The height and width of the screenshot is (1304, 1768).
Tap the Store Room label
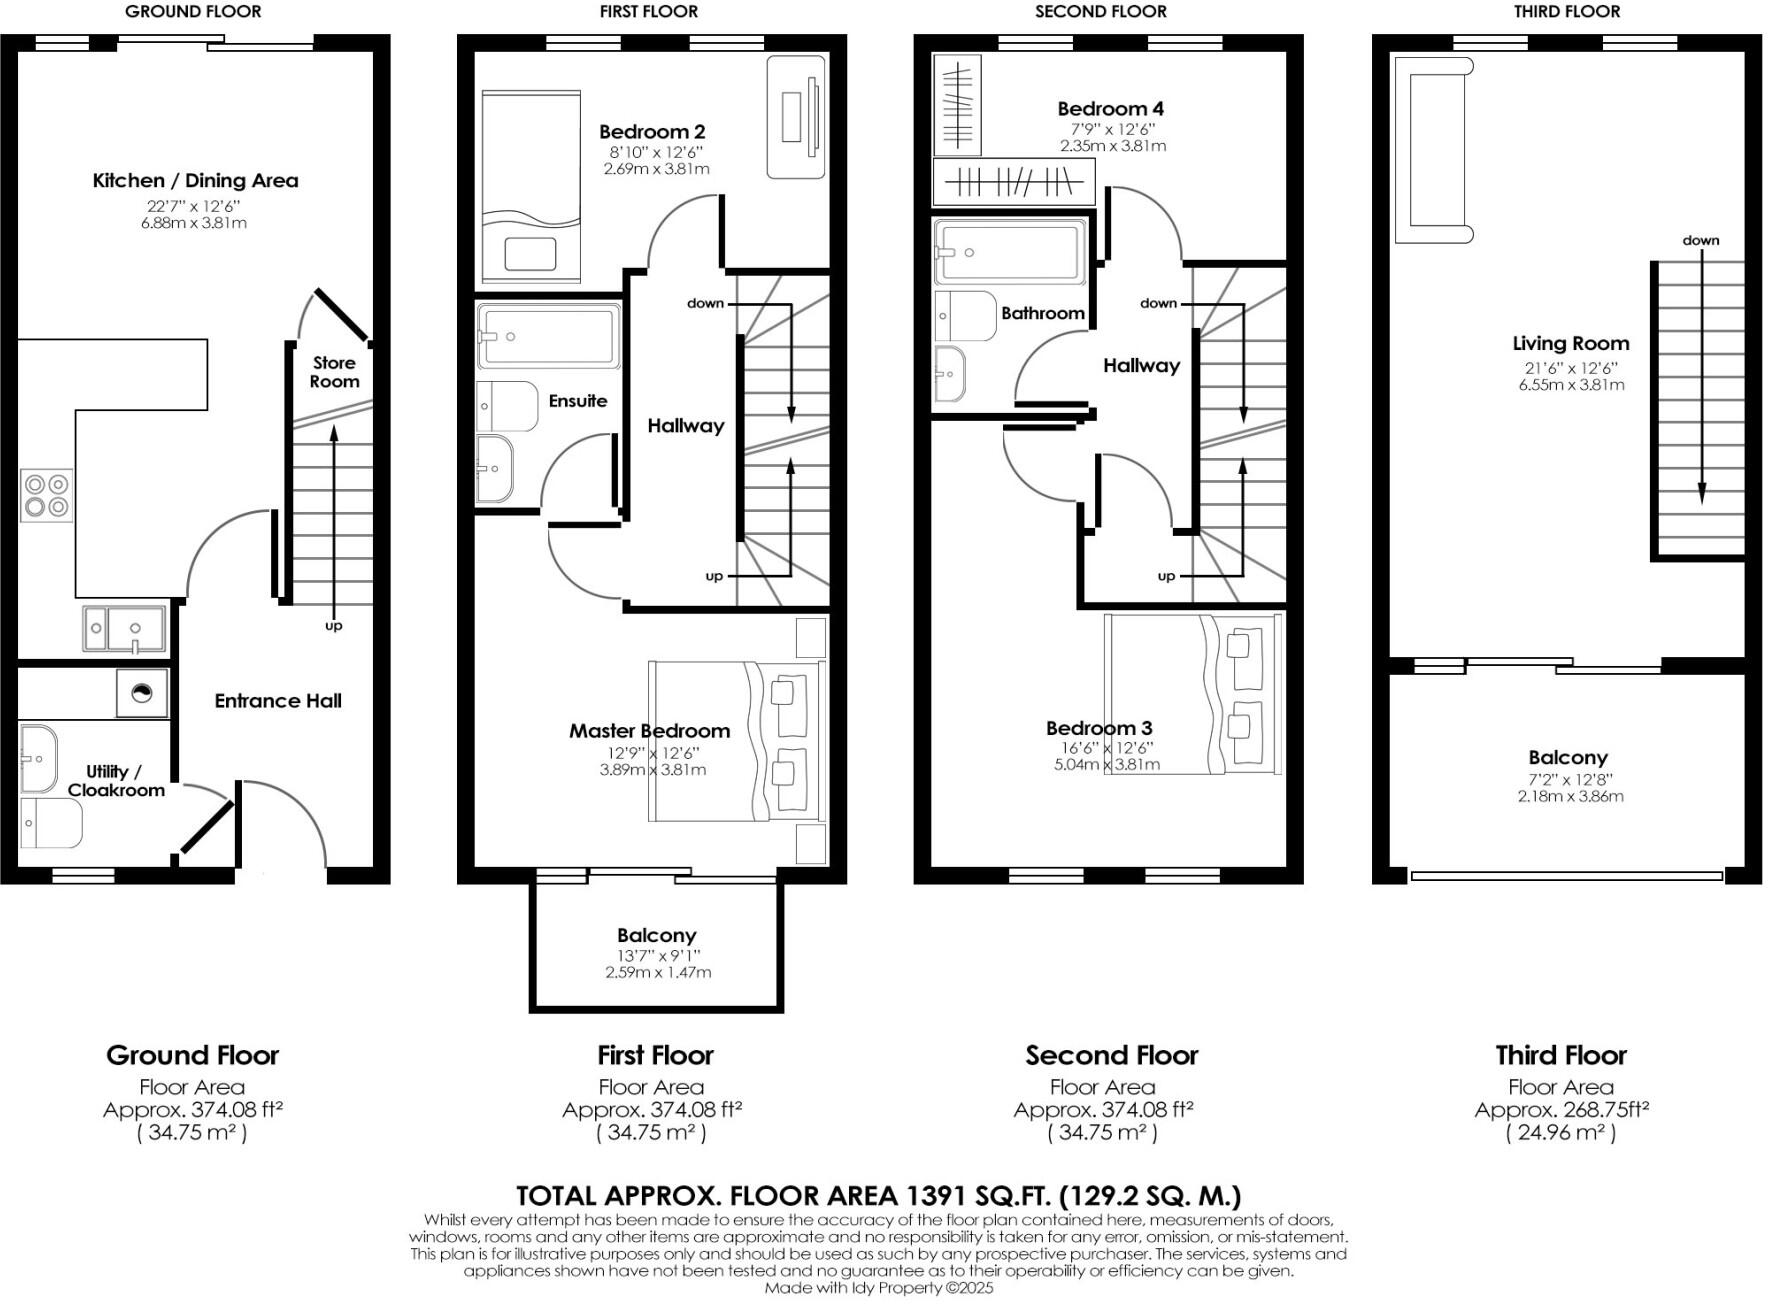coord(334,372)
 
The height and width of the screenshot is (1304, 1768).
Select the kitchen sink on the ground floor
coord(124,629)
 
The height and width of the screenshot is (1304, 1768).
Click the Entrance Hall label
coord(278,701)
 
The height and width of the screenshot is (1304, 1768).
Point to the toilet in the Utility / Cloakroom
coord(50,822)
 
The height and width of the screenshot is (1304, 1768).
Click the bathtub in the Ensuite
coord(547,337)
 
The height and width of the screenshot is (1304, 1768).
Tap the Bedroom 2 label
coord(652,132)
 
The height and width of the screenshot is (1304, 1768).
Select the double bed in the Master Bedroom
coord(736,740)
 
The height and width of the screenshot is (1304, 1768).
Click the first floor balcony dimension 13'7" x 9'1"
coord(656,955)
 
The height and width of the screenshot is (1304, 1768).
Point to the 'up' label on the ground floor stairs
coord(333,626)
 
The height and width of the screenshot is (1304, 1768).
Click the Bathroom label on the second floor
coord(1043,314)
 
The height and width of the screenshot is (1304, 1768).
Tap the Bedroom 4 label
coord(1110,109)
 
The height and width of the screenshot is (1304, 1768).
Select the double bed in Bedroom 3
coord(1192,693)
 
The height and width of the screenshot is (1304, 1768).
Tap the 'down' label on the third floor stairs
coord(1700,240)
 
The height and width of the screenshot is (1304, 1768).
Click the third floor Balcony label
coord(1567,758)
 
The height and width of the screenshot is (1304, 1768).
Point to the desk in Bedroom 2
coord(796,117)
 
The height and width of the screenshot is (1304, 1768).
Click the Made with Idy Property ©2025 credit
coord(878,1288)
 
